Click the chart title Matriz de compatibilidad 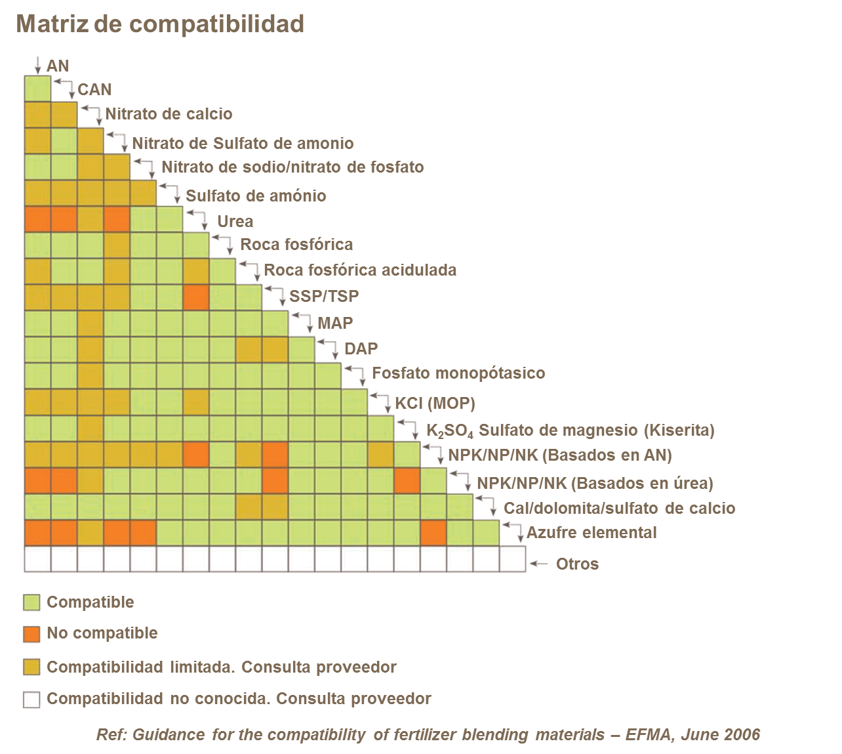point(160,24)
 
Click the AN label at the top point(58,66)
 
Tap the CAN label point(94,90)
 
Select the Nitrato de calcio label point(169,114)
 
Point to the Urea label point(235,221)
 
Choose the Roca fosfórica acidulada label point(360,270)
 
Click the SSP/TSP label point(324,296)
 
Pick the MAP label point(335,323)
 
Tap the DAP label point(361,348)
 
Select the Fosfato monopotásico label point(458,373)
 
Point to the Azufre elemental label point(591,532)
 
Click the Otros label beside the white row point(577,564)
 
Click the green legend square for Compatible point(31,602)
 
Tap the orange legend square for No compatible point(31,634)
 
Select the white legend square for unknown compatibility point(31,699)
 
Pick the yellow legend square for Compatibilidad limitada point(31,667)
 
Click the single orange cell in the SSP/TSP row point(196,297)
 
